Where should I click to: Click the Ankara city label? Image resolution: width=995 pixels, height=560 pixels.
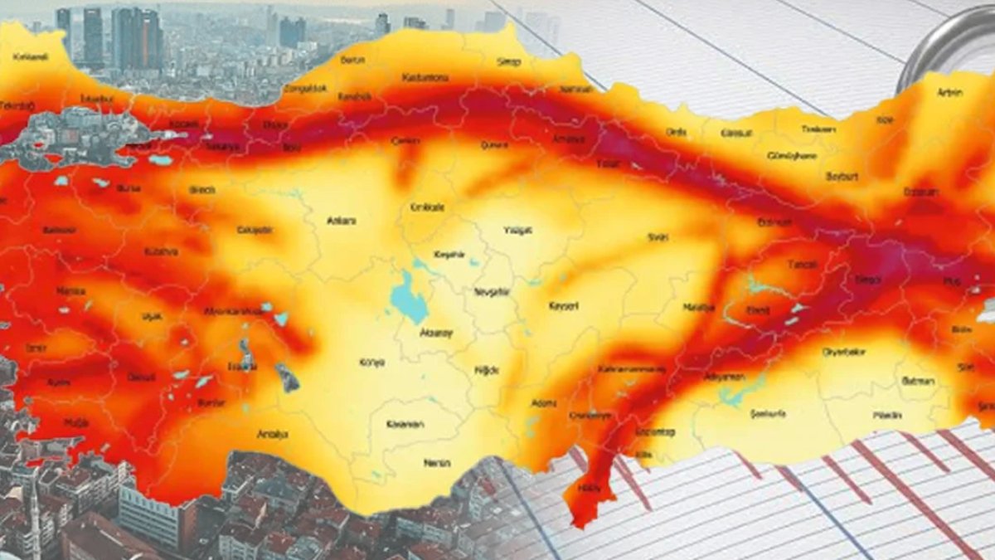coord(342,221)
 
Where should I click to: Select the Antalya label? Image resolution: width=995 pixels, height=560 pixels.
coord(273,433)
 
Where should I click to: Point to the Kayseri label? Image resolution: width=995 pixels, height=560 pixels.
coord(564,306)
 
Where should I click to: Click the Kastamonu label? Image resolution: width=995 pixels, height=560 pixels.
coord(425,78)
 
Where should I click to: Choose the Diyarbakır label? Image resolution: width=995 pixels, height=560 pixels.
coord(843,352)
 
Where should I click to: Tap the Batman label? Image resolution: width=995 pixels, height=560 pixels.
coord(918,381)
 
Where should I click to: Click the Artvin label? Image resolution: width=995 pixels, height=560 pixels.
coord(949,93)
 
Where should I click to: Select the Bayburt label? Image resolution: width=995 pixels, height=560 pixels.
coord(842,177)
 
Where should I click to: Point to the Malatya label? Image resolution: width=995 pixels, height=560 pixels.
coord(698,307)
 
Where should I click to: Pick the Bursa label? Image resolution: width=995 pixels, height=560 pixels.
coord(129,188)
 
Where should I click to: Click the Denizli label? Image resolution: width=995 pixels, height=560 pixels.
coord(141,377)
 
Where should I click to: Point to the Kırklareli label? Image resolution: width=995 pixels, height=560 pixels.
coord(32,56)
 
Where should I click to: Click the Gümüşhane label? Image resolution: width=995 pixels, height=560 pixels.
coord(792,155)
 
